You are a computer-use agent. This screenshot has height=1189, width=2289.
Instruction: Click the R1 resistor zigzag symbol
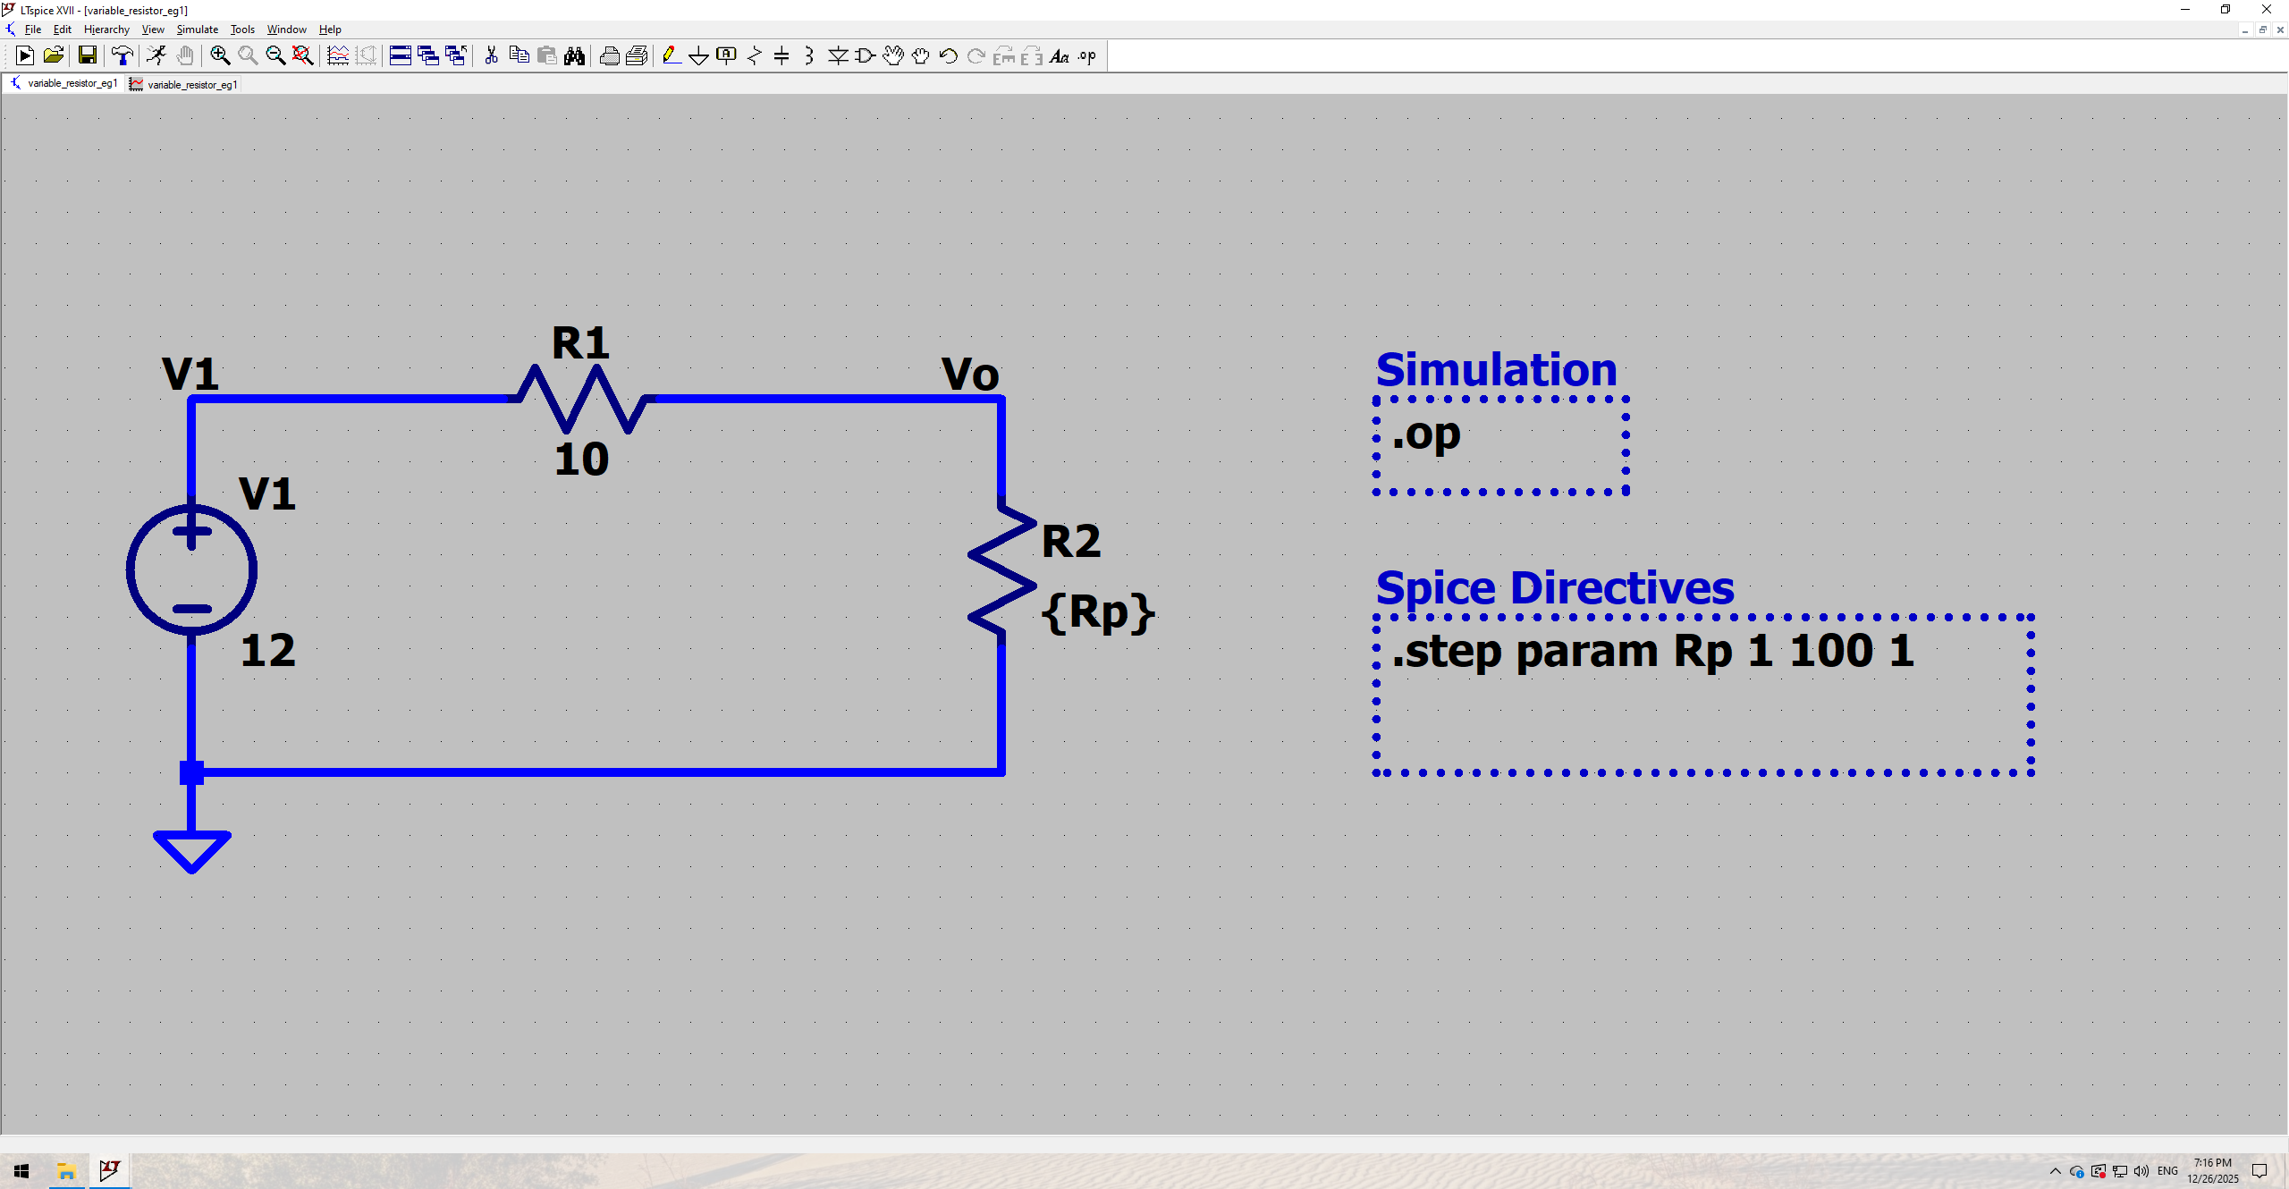[x=582, y=399]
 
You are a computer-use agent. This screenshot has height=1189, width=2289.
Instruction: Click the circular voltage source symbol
[x=191, y=570]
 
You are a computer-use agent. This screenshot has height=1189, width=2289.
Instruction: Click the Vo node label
[x=970, y=374]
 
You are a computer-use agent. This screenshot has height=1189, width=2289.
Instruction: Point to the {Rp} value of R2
[x=1098, y=613]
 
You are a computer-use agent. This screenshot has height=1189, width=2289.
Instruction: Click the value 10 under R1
[x=581, y=460]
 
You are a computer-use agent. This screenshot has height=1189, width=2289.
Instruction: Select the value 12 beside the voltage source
[x=267, y=650]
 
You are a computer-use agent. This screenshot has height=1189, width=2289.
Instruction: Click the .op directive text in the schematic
[x=1426, y=435]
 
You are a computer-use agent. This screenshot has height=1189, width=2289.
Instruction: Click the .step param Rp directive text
[x=1653, y=651]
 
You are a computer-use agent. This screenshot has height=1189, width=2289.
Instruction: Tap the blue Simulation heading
[x=1496, y=370]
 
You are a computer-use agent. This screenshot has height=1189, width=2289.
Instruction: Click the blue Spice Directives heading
[x=1554, y=588]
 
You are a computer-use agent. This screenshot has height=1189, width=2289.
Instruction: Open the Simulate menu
[x=197, y=30]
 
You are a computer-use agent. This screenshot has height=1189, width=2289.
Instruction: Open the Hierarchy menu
[x=106, y=30]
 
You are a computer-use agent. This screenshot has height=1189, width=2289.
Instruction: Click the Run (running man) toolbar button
[x=156, y=56]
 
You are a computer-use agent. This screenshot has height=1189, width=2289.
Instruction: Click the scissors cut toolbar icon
[x=491, y=56]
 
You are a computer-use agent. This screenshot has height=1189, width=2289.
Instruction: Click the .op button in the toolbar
[x=1086, y=56]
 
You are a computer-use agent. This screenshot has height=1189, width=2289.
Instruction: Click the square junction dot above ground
[x=191, y=772]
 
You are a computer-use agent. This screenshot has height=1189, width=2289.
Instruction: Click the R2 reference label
[x=1071, y=542]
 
